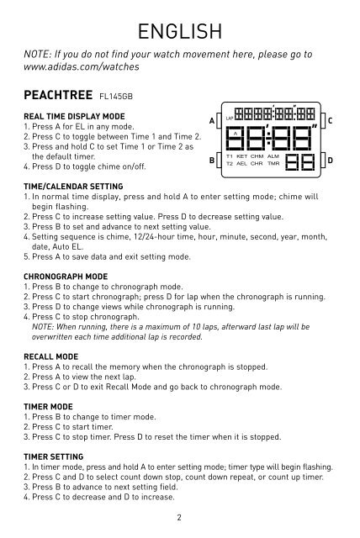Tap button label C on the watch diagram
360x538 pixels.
(332, 120)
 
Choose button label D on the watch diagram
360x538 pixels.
(332, 160)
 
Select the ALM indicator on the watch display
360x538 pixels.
(273, 156)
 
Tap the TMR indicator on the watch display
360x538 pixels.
(273, 164)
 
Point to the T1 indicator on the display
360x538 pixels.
(229, 156)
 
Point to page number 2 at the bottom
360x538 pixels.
(180, 519)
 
